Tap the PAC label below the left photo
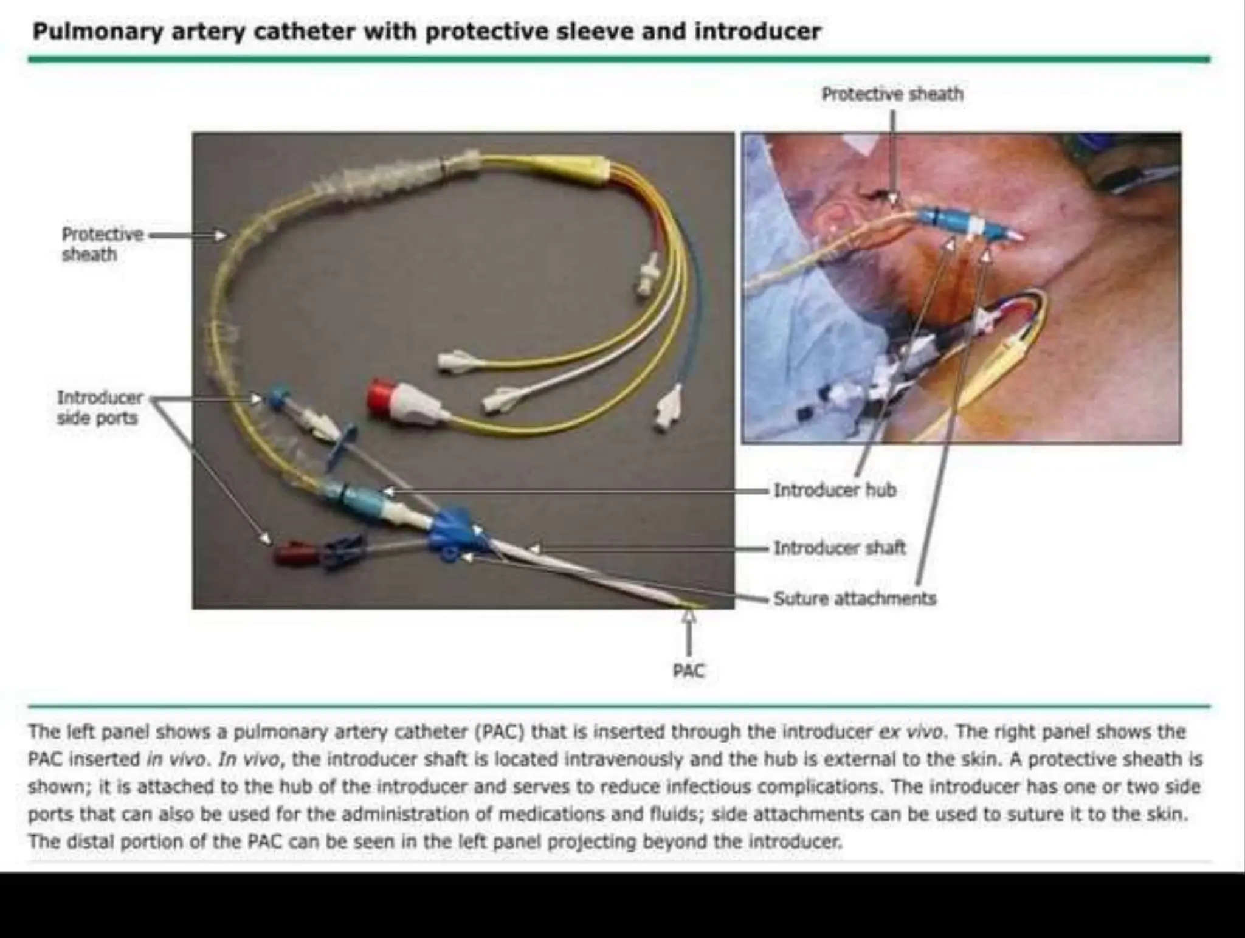click(x=688, y=671)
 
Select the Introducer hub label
click(x=835, y=490)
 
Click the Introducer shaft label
click(x=840, y=548)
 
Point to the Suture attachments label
click(x=855, y=599)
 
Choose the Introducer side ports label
click(x=99, y=407)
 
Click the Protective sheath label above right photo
click(x=892, y=94)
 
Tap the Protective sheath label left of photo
click(x=102, y=244)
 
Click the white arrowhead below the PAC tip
click(x=688, y=616)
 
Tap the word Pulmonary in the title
click(x=98, y=32)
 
